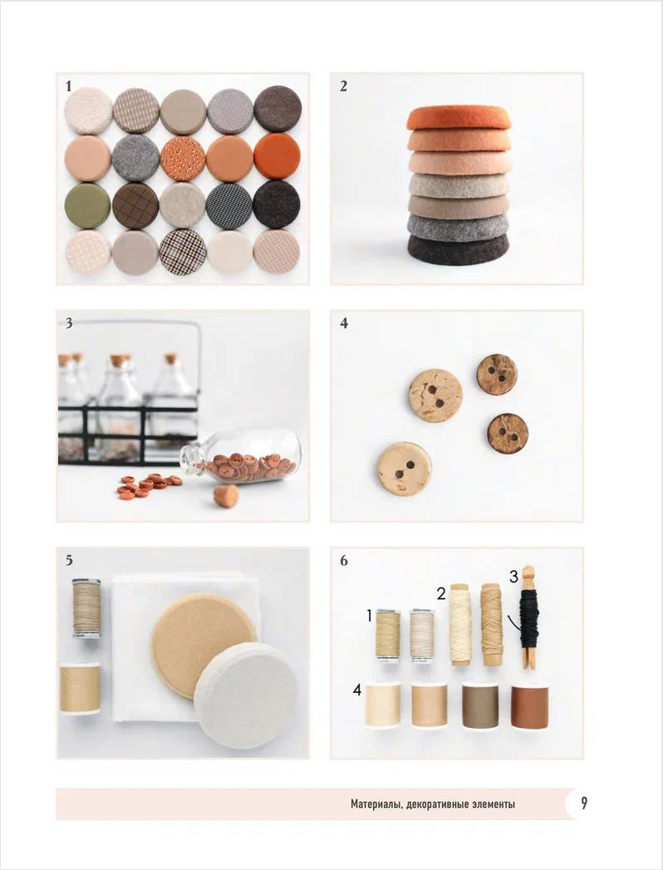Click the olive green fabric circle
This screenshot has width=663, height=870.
pos(87,205)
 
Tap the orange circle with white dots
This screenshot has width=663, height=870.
pos(183,159)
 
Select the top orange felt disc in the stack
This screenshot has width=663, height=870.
pos(459,118)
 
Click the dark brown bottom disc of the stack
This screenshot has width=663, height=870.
pos(459,249)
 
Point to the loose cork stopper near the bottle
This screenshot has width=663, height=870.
pos(226,495)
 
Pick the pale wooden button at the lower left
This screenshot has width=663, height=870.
pos(404,469)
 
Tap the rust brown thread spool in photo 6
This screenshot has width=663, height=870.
pos(530,706)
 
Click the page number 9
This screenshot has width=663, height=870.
pos(584,804)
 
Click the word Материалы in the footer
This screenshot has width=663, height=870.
pos(376,804)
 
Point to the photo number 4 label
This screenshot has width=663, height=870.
pos(344,323)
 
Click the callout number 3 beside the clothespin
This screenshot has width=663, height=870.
pos(513,577)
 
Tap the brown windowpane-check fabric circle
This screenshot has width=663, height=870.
pos(135,206)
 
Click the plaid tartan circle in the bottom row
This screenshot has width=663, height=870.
pos(183,252)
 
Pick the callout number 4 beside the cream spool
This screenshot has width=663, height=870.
pos(357,690)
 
